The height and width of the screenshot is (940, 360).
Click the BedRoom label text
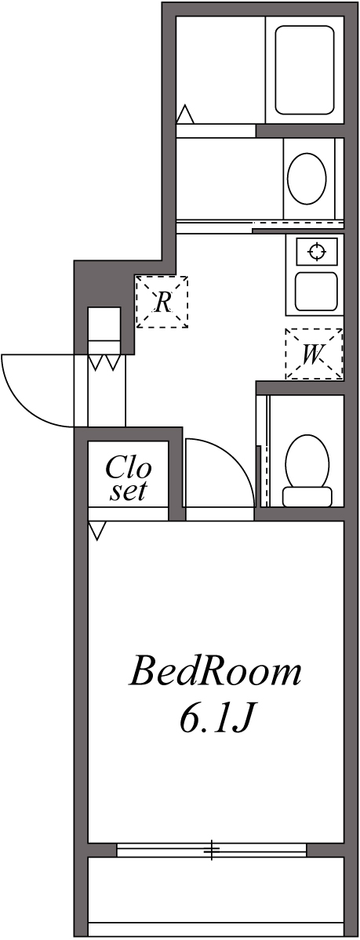click(215, 673)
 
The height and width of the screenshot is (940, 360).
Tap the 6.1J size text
click(215, 719)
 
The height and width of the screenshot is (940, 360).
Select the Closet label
click(128, 479)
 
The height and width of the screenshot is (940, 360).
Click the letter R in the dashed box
click(162, 301)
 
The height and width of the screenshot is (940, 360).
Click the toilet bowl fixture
click(307, 462)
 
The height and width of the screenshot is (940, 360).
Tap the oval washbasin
click(307, 177)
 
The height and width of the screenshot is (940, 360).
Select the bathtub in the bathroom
click(304, 70)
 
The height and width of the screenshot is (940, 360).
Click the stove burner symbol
click(317, 252)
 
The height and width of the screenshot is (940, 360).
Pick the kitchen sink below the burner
click(317, 291)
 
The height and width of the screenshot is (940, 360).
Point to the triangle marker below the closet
click(96, 531)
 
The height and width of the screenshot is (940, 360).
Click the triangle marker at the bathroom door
click(184, 114)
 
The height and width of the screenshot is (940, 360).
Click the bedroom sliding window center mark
click(212, 850)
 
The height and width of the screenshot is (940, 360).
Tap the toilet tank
click(307, 496)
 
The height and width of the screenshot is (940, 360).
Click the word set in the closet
click(128, 492)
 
